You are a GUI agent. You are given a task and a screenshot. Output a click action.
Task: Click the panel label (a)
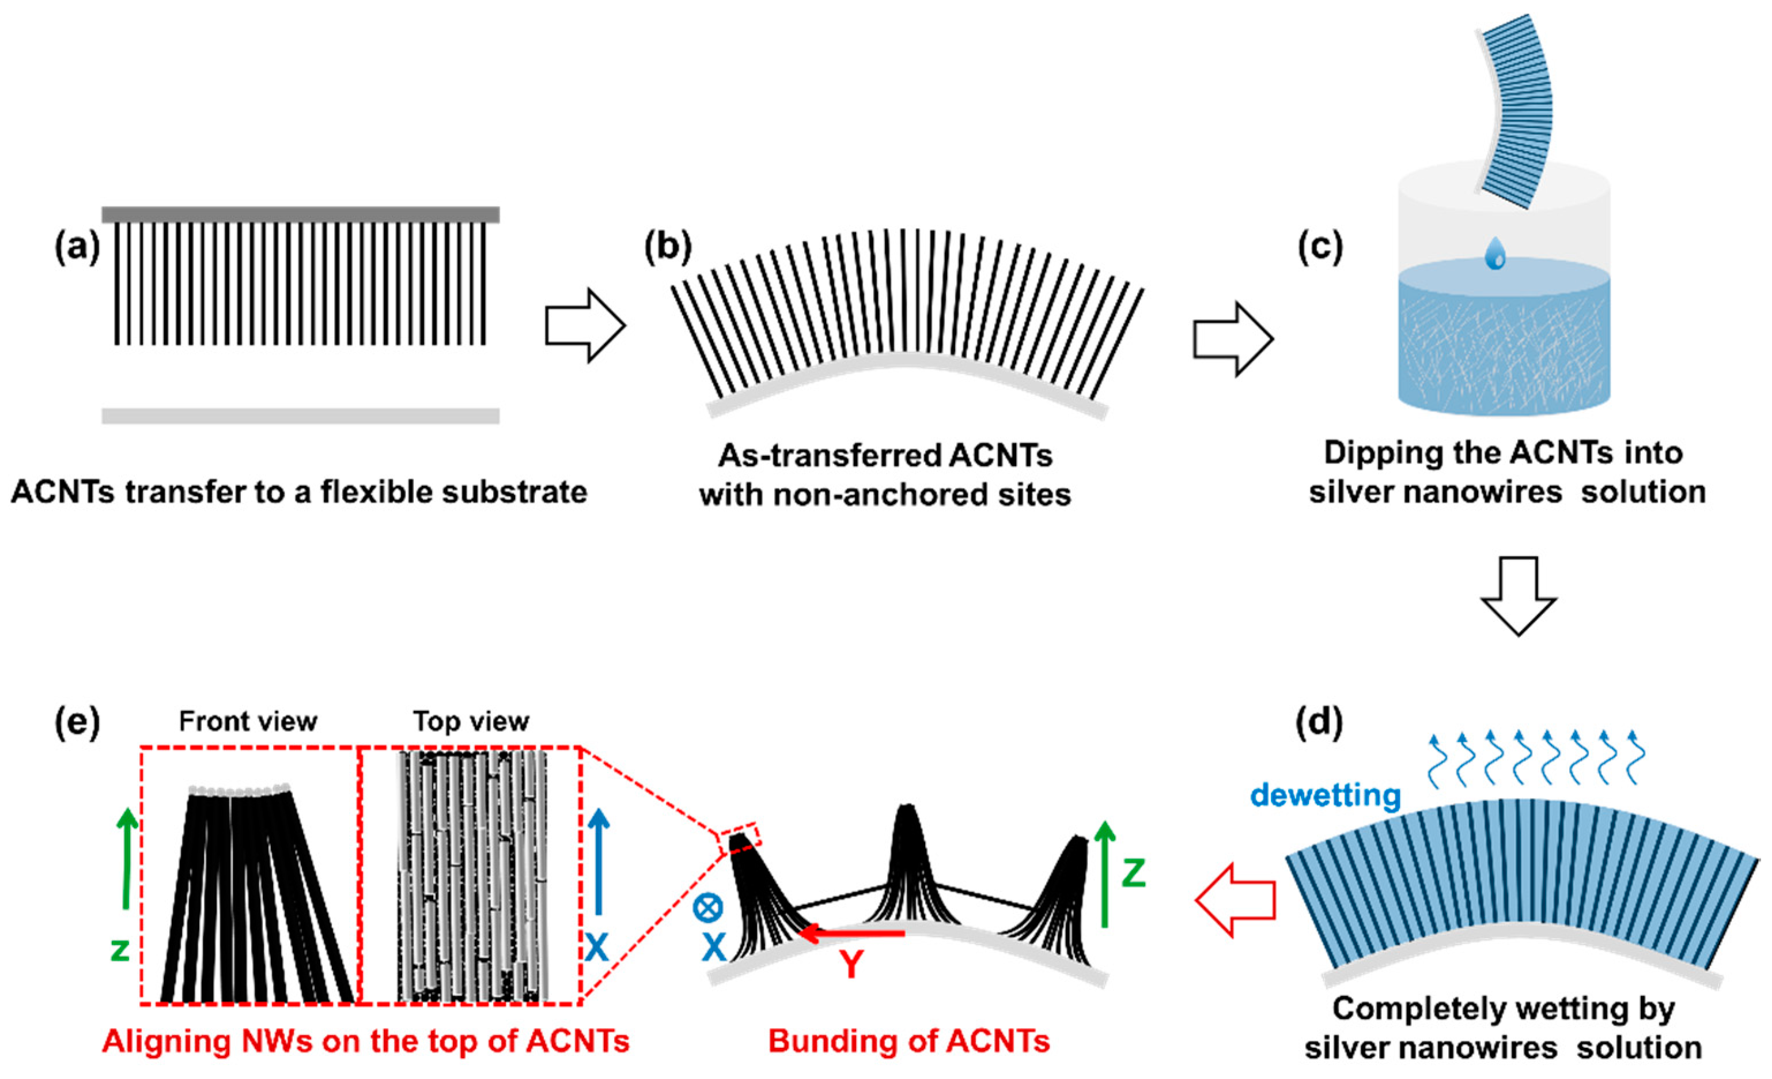coord(77,248)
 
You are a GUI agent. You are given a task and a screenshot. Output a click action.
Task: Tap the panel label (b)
coord(667,248)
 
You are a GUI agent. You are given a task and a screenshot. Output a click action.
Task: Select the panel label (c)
coord(1320,248)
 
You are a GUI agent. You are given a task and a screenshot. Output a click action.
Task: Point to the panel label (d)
coord(1318,723)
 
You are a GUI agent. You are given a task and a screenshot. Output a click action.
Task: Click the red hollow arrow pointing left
coord(1234,900)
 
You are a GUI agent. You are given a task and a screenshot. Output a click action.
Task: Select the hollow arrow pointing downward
coord(1518,595)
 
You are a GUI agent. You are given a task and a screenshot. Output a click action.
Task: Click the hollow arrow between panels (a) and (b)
coord(584,326)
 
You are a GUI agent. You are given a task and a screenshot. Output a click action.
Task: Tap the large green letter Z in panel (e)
coord(1133,873)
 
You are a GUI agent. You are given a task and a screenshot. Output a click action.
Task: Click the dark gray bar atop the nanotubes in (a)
coord(300,214)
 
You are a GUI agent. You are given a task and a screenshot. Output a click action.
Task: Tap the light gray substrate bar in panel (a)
coord(300,416)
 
